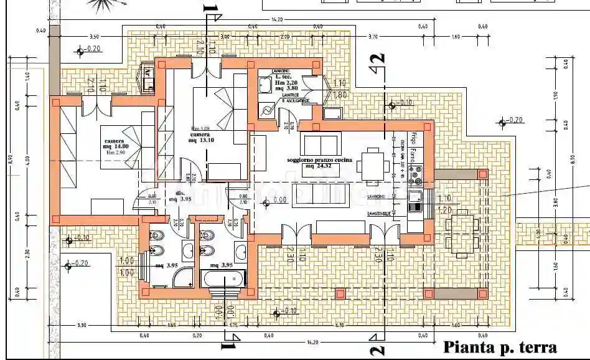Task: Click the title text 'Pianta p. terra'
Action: (499, 347)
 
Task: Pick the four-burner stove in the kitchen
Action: (415, 175)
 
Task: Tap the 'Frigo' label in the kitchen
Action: (412, 138)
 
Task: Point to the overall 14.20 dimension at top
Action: (277, 20)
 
